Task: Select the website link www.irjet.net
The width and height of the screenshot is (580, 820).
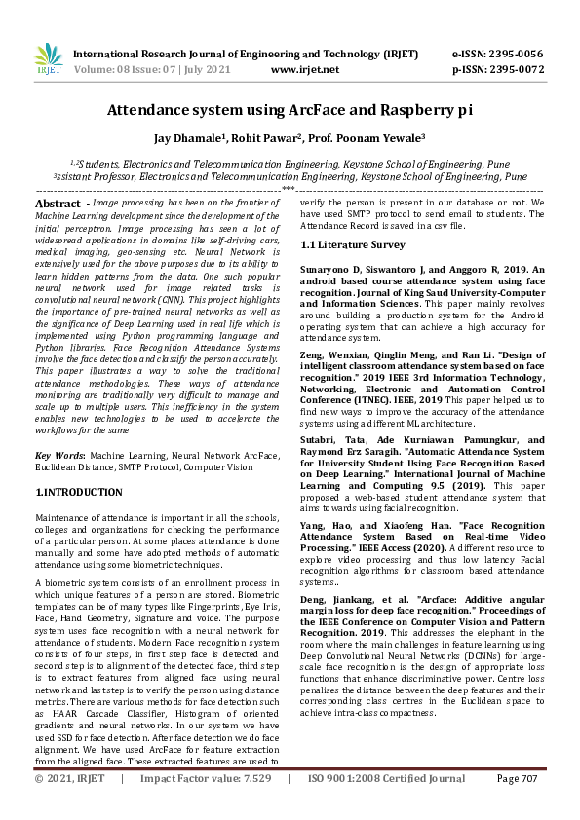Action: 304,70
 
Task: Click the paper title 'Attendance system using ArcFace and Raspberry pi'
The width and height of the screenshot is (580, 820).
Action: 290,111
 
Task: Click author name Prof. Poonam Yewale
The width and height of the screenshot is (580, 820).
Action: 375,138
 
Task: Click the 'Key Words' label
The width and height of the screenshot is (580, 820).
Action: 59,456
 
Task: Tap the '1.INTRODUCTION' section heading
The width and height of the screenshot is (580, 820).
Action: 78,493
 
